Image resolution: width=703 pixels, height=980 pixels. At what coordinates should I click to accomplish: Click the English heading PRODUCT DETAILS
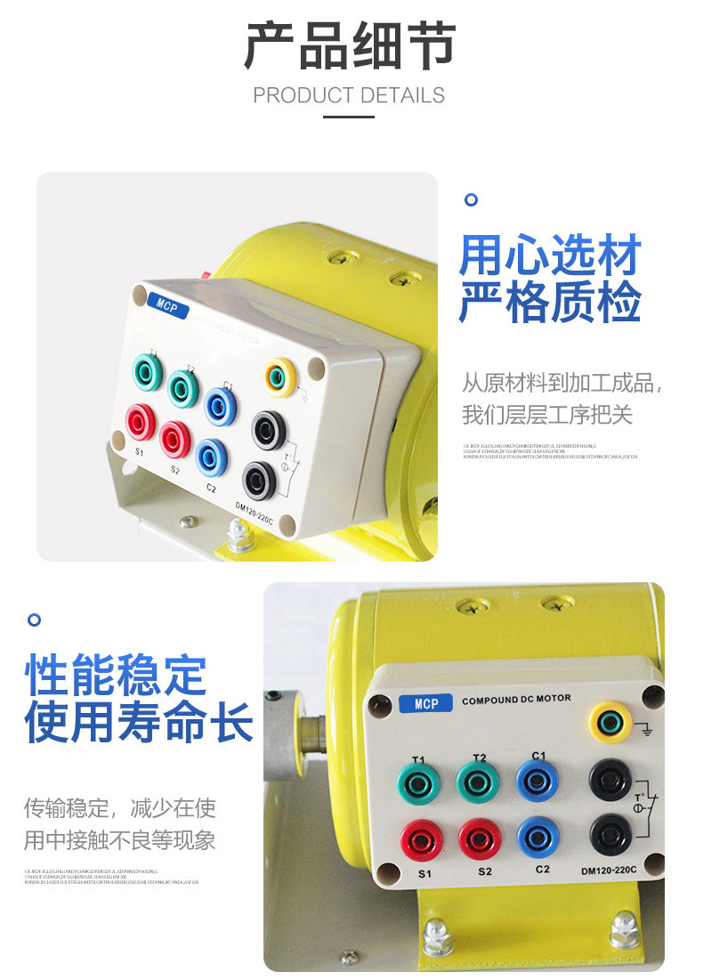tap(349, 95)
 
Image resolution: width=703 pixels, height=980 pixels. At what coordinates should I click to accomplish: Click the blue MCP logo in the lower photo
tap(426, 704)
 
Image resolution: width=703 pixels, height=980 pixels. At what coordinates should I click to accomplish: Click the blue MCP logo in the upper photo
tap(167, 304)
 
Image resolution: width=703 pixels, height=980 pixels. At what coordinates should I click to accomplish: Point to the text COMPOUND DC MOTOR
tap(516, 700)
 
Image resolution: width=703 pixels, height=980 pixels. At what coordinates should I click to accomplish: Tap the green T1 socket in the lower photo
tap(418, 784)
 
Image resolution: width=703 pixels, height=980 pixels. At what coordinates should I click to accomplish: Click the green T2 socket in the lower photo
tap(478, 782)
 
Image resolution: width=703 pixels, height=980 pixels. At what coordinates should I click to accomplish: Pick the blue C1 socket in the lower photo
tap(537, 781)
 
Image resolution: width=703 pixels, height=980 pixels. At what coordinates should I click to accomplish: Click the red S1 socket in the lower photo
tap(422, 838)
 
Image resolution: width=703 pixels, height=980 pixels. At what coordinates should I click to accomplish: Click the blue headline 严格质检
tap(550, 303)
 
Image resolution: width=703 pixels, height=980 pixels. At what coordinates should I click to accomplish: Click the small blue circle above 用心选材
tap(472, 199)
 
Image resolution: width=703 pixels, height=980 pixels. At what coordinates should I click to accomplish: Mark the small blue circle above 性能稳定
tap(35, 619)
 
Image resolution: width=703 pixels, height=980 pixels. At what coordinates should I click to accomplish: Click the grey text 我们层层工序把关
tap(547, 415)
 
